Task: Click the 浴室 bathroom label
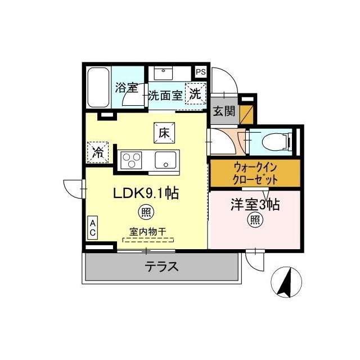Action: pos(127,88)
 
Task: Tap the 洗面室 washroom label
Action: pos(165,95)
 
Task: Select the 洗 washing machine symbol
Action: pos(195,94)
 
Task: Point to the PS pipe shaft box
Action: pos(200,72)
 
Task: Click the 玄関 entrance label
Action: pos(224,111)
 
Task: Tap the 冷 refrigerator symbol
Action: pos(98,151)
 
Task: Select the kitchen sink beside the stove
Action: pos(166,160)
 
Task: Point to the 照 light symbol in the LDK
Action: pos(146,213)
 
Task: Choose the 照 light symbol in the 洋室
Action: pos(255,220)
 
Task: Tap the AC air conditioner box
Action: pos(93,228)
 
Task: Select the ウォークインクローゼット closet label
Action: pos(255,174)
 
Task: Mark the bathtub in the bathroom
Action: pos(98,88)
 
